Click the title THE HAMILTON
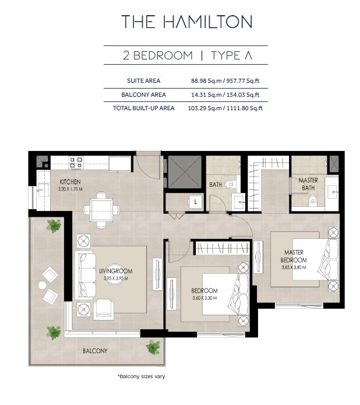tap(186, 22)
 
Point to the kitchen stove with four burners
tap(76, 162)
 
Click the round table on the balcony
tap(41, 285)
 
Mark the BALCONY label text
tap(94, 351)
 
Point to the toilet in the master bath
tap(313, 200)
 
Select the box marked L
tap(195, 202)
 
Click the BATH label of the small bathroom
tap(216, 185)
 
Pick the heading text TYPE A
tap(231, 56)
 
